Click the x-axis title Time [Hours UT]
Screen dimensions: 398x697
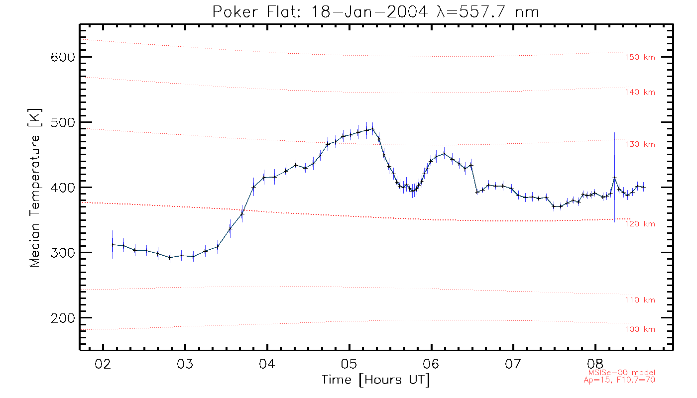pos(376,380)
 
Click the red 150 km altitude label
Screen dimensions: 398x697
pos(640,57)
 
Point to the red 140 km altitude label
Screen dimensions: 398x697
pos(640,93)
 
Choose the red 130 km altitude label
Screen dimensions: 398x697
pos(640,144)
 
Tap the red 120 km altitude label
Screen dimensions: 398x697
pos(640,224)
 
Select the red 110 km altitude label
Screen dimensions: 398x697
pos(640,300)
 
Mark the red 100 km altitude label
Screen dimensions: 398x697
pos(640,329)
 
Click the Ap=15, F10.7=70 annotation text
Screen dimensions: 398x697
pos(619,380)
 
